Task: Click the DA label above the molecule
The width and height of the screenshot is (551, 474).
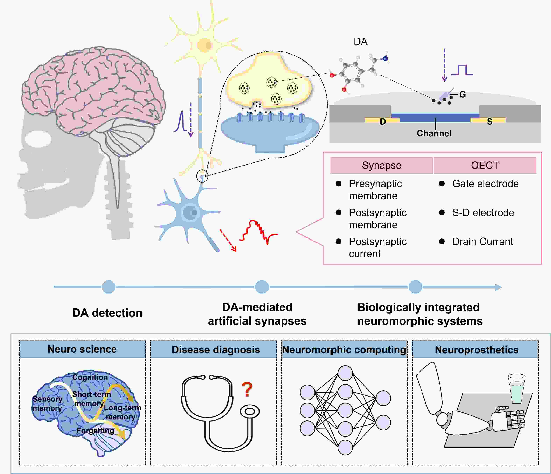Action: pyautogui.click(x=360, y=42)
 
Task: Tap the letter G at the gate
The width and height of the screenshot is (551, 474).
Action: pyautogui.click(x=462, y=94)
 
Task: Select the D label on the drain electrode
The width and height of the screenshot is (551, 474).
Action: pyautogui.click(x=383, y=122)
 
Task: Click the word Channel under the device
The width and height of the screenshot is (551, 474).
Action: pyautogui.click(x=434, y=133)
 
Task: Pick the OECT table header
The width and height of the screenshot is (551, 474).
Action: pyautogui.click(x=485, y=165)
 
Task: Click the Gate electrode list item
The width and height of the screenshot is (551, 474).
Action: pyautogui.click(x=485, y=184)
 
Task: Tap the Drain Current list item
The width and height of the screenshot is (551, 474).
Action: pyautogui.click(x=482, y=242)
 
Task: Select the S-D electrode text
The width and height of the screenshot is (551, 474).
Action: pyautogui.click(x=483, y=213)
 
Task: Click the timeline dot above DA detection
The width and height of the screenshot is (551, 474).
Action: pyautogui.click(x=108, y=287)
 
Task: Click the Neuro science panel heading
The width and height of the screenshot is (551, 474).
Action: pyautogui.click(x=82, y=349)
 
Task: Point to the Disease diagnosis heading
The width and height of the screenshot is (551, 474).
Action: pyautogui.click(x=216, y=350)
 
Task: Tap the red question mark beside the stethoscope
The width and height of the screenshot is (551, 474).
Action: pyautogui.click(x=247, y=389)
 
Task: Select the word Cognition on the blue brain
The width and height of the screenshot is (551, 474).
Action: pyautogui.click(x=90, y=377)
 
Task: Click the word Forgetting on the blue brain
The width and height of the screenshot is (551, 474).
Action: pyautogui.click(x=95, y=430)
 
